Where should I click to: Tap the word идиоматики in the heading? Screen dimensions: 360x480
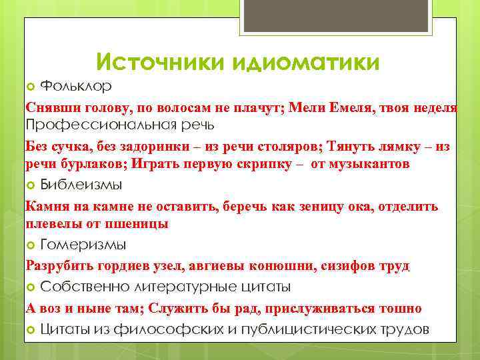307,61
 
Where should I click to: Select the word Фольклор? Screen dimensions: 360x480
76,87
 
